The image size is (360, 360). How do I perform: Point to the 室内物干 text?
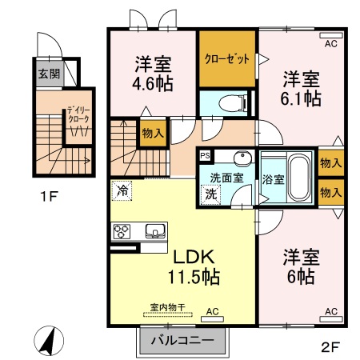(x=167, y=308)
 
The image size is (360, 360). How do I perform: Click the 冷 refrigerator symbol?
(x=122, y=190)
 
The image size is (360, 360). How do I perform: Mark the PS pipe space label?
(x=205, y=156)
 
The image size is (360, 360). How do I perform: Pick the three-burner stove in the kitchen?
(x=123, y=232)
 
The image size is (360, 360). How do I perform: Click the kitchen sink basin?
(x=154, y=232)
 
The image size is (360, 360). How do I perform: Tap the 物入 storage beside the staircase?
(x=153, y=134)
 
